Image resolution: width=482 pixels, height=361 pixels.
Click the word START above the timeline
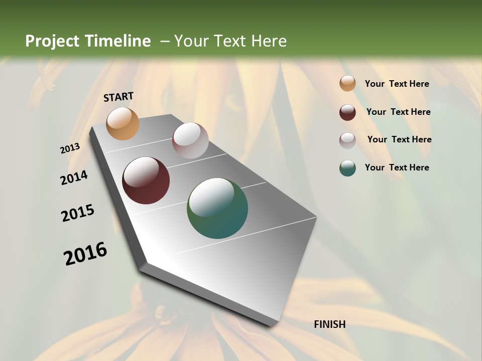point(118,97)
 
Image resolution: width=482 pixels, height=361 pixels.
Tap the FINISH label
point(329,324)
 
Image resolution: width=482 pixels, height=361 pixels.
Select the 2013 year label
point(70,148)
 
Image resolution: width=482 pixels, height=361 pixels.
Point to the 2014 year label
point(74,178)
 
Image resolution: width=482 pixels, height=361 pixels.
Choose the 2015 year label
point(78,213)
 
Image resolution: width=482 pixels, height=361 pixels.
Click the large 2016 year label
point(85,254)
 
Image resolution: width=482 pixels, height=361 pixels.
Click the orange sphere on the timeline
point(123,123)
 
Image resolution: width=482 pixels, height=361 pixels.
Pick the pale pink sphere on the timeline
point(190,140)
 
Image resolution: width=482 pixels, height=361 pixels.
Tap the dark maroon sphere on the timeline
point(146,180)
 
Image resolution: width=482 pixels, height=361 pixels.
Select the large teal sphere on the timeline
point(217,208)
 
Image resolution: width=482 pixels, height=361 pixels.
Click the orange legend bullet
point(347,84)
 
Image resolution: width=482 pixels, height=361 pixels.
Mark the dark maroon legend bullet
point(347,112)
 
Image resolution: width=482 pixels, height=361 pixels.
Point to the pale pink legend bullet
point(347,140)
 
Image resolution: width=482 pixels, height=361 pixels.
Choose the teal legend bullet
point(347,168)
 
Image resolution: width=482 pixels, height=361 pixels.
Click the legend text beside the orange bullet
point(397,84)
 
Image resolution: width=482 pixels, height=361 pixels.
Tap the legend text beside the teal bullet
point(397,167)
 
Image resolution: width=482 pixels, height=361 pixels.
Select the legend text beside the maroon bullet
point(398,112)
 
